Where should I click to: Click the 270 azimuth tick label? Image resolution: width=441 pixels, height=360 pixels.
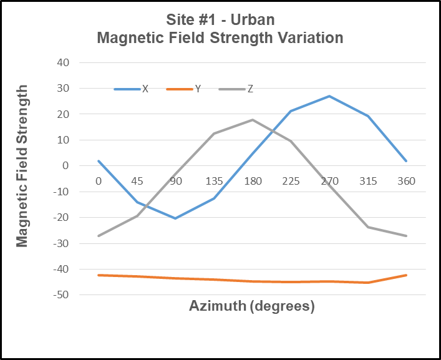tap(329, 182)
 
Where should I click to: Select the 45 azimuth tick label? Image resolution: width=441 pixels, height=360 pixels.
tap(137, 182)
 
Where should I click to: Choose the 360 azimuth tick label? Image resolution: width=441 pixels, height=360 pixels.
tap(406, 182)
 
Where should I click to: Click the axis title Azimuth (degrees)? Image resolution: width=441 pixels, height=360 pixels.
tap(251, 306)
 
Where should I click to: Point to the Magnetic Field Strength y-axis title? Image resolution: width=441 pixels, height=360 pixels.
tap(22, 167)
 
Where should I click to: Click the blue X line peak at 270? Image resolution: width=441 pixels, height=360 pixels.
tap(329, 96)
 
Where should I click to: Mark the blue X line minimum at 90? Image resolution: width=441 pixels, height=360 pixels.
tap(175, 218)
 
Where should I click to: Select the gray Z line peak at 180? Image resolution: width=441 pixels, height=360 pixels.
tap(252, 120)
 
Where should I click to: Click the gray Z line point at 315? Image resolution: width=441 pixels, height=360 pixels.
tap(368, 227)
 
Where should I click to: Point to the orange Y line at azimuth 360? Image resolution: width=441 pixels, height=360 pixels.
tap(406, 275)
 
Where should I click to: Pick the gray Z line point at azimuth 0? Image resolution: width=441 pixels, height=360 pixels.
tap(99, 236)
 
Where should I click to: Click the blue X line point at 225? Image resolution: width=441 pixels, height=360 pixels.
tap(291, 111)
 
